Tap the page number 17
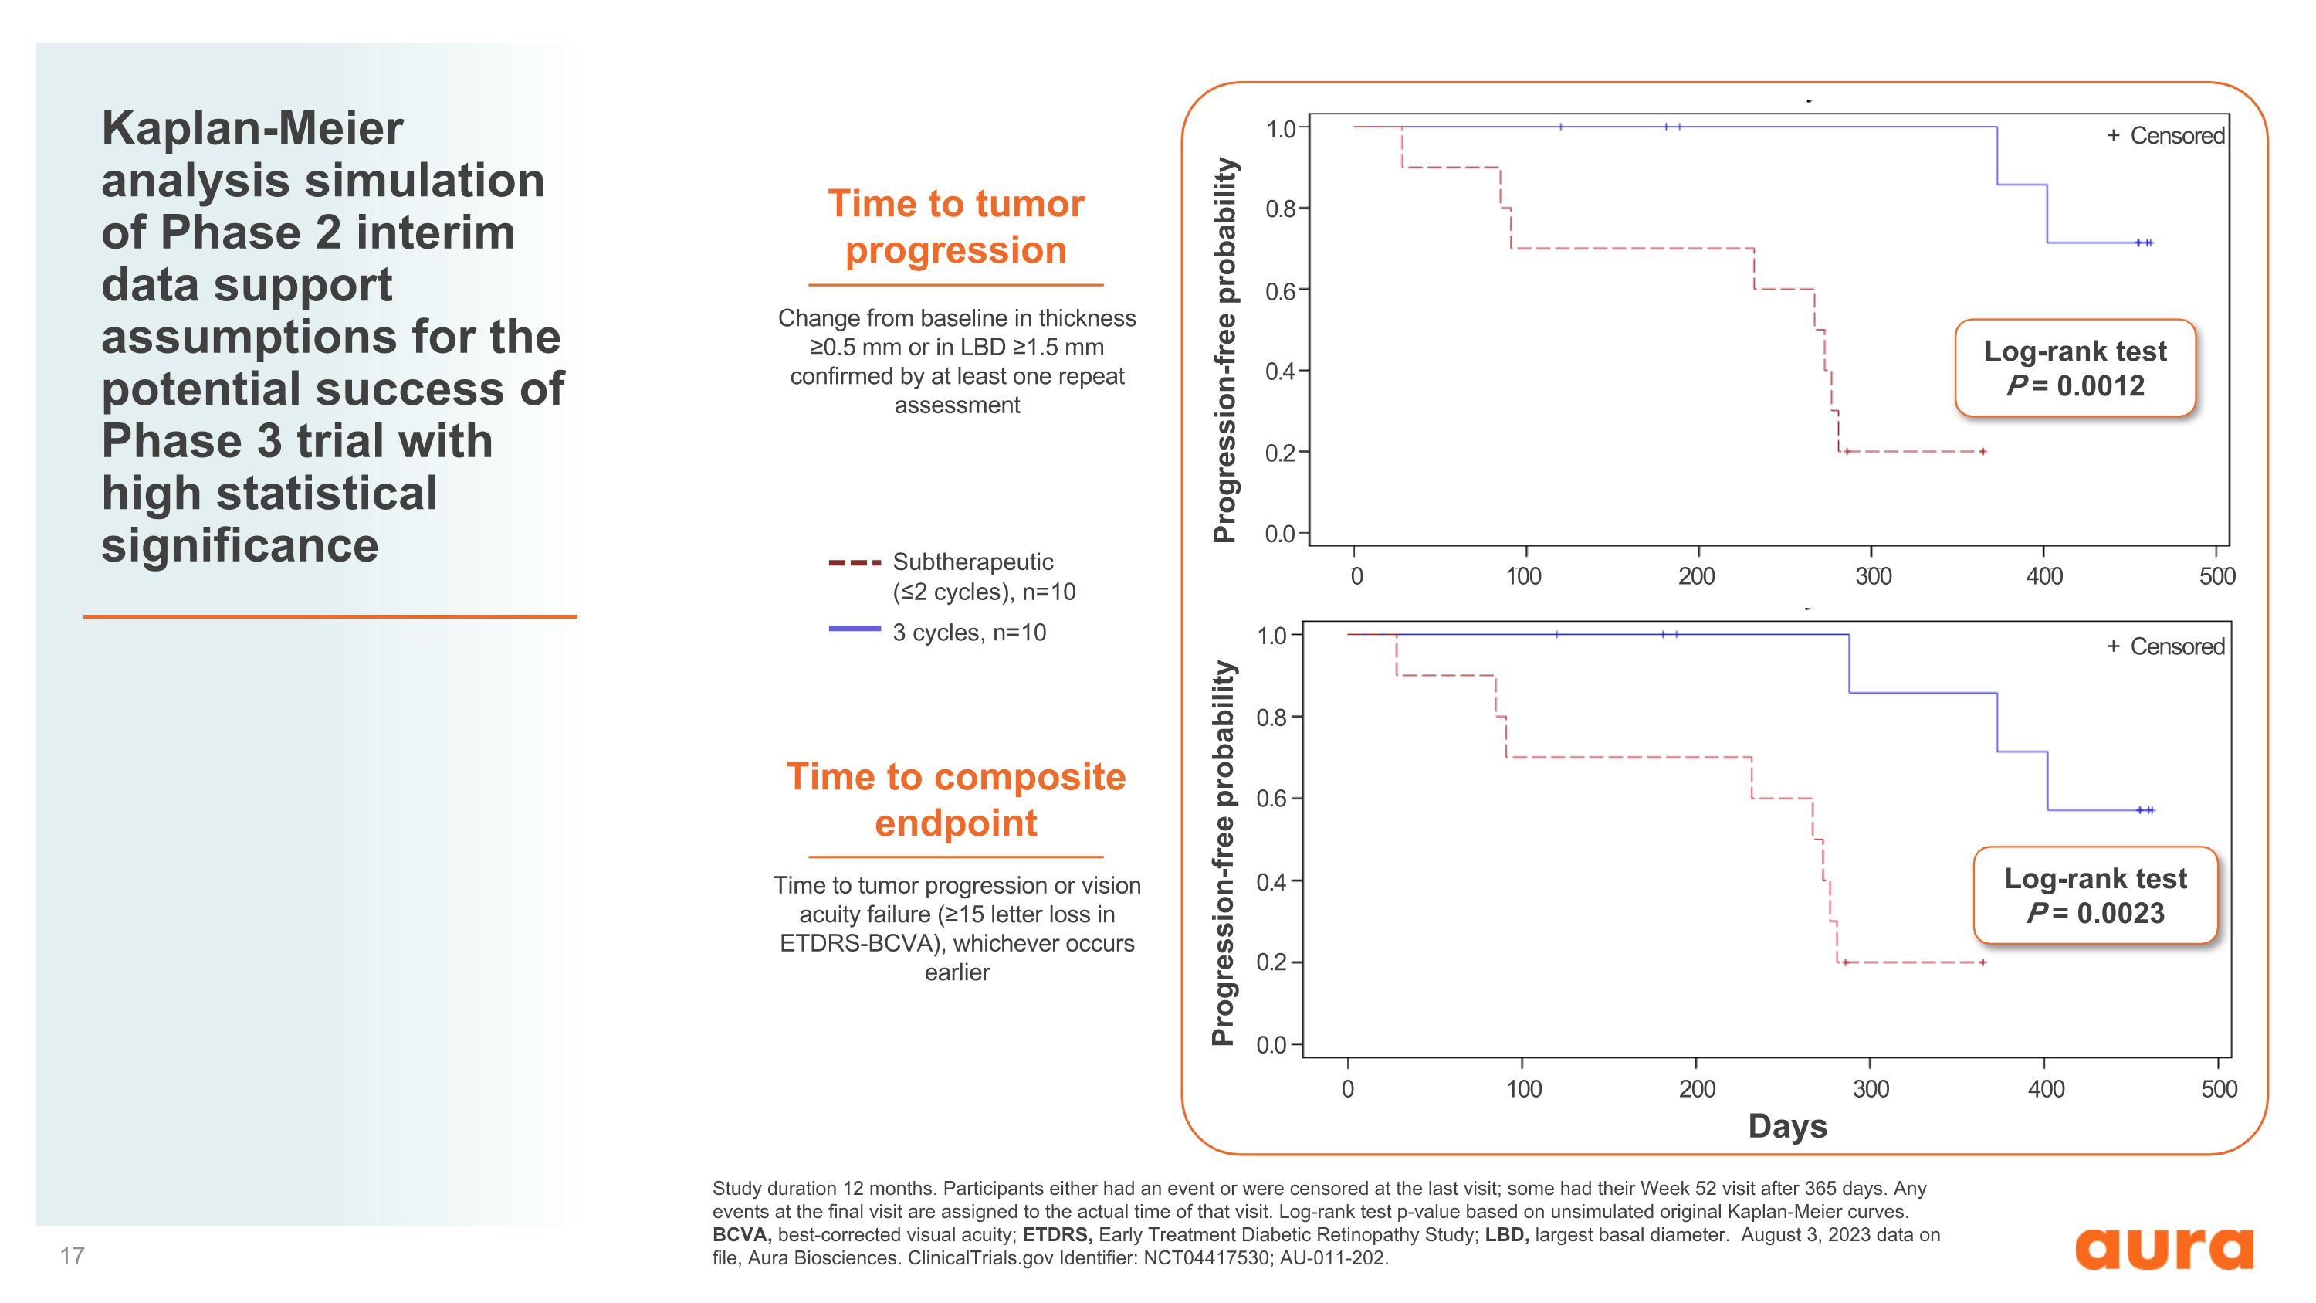point(72,1255)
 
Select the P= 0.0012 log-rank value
point(2075,385)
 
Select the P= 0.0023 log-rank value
point(2096,913)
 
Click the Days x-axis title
point(1787,1126)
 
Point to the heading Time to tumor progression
point(956,226)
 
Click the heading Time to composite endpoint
point(956,799)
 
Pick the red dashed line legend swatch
point(854,563)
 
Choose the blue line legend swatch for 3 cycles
point(854,629)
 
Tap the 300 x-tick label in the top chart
point(1873,575)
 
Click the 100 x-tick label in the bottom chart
point(1524,1089)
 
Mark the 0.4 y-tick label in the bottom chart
point(1272,881)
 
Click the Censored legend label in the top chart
point(2176,136)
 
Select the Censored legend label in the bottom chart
point(2176,646)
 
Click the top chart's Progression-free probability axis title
point(1224,350)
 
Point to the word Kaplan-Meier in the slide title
point(252,127)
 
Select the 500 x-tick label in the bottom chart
point(2219,1089)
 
